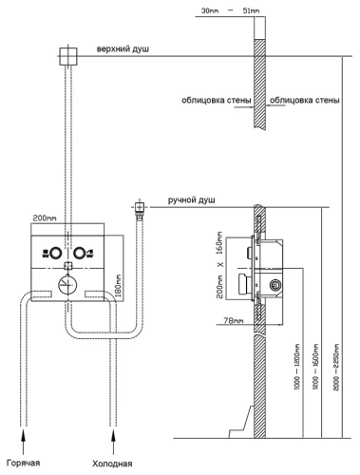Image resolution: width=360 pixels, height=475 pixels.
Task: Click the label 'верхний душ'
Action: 123,49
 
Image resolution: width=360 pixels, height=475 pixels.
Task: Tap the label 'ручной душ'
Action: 192,200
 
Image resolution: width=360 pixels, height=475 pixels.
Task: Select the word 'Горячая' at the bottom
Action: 23,463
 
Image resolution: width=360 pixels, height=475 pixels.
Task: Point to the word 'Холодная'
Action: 112,464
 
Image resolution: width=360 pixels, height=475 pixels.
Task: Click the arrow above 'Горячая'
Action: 23,442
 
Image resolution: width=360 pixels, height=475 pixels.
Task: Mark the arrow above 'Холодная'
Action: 113,442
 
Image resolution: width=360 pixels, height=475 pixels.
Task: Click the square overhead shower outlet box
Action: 68,56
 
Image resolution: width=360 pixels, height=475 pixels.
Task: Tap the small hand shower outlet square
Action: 139,207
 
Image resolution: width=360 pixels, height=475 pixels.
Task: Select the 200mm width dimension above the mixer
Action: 45,218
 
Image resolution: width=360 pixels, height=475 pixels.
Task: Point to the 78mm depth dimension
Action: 234,320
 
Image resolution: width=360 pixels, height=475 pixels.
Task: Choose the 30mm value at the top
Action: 209,10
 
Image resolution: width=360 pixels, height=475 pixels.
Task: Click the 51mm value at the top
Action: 251,10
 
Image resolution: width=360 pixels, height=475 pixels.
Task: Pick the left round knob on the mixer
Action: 55,254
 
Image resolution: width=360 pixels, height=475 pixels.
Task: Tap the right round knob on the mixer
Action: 79,254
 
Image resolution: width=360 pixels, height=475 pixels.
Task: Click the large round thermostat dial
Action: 67,284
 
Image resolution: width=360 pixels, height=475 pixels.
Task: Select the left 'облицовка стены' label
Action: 217,101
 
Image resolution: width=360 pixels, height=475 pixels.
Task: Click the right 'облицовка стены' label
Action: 305,101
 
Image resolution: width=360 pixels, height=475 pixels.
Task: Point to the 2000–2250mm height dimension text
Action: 336,367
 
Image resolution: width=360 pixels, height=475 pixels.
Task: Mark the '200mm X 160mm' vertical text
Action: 220,265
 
